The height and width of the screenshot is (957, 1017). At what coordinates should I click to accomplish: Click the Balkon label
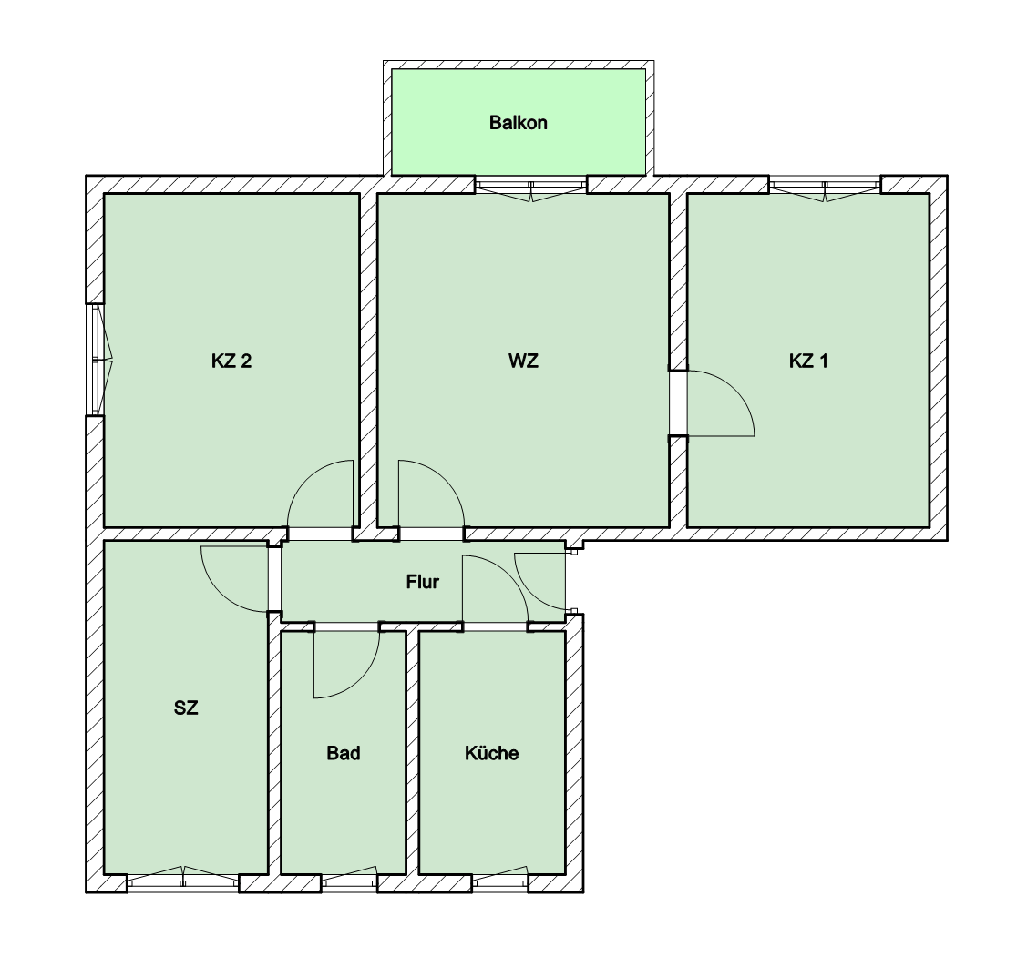(519, 123)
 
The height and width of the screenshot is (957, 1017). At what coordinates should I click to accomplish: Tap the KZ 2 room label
(231, 361)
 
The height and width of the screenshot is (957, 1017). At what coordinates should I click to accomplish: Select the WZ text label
(523, 361)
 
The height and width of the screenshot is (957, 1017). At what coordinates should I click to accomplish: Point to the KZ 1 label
(808, 361)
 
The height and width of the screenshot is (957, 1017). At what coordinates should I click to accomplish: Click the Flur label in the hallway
(422, 582)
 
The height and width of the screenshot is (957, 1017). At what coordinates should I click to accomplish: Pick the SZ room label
(186, 708)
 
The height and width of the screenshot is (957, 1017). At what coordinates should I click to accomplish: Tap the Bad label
(344, 753)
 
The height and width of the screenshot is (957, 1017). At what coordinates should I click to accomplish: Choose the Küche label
(491, 753)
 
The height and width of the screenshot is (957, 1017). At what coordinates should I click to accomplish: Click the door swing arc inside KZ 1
(734, 390)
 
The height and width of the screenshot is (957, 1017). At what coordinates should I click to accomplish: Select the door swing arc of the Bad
(360, 679)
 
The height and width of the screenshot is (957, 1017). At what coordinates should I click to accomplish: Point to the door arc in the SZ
(221, 593)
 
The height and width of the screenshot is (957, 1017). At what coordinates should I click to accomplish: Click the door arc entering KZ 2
(307, 479)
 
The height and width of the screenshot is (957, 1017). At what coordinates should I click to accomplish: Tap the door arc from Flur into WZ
(446, 479)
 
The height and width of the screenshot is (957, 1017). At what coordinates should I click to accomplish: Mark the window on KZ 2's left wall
(97, 360)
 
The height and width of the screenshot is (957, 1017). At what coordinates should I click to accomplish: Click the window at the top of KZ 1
(825, 189)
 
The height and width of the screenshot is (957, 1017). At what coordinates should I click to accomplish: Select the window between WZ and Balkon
(531, 189)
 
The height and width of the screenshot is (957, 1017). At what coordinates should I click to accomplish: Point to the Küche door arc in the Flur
(508, 574)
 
